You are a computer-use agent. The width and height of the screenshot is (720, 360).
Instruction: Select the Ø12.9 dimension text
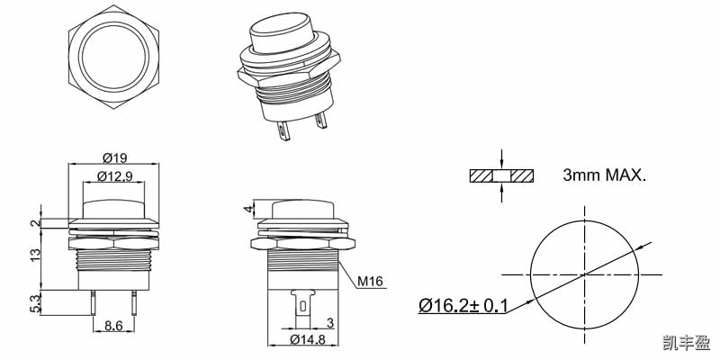(x=113, y=175)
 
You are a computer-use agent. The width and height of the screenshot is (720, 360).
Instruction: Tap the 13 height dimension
(x=35, y=255)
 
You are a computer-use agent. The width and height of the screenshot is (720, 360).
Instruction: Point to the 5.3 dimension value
(x=35, y=302)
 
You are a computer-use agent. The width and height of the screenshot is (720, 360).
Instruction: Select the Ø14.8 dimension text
(x=306, y=339)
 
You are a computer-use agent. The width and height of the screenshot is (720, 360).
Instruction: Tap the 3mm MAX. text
(x=604, y=175)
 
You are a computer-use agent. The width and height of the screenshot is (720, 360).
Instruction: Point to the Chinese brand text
(x=685, y=343)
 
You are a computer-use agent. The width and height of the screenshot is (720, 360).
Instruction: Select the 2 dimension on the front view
(x=35, y=223)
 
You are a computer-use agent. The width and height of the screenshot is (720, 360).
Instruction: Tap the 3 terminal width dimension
(x=329, y=322)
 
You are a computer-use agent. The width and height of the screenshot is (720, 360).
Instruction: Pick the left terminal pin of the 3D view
(x=284, y=131)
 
